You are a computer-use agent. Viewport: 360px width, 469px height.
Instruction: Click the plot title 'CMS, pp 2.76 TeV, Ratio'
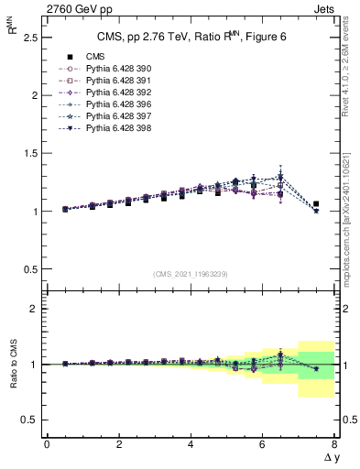coord(174,37)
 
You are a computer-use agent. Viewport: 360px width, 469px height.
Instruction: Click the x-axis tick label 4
coord(190,444)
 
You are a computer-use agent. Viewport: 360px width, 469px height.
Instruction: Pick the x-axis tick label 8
coord(333,444)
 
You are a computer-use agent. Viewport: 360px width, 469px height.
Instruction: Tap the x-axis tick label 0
coord(47,444)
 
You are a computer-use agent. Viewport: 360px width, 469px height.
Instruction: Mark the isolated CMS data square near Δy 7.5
coord(316,204)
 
